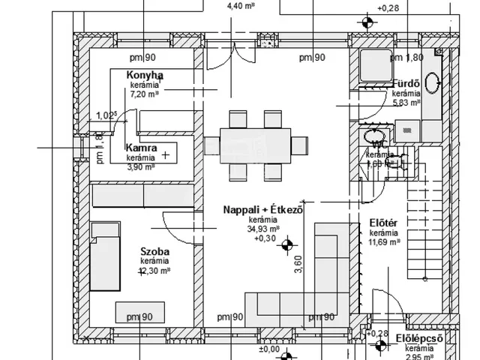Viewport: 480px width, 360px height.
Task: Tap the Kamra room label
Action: click(x=141, y=148)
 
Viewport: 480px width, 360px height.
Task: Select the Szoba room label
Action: click(x=155, y=251)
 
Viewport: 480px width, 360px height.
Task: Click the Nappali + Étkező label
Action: click(x=262, y=210)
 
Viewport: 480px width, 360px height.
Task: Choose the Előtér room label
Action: click(x=384, y=223)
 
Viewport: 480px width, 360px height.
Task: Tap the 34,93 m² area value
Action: click(x=264, y=229)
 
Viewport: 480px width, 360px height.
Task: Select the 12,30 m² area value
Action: click(x=155, y=271)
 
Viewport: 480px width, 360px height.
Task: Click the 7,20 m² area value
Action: click(x=145, y=94)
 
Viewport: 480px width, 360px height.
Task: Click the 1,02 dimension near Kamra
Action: click(x=107, y=115)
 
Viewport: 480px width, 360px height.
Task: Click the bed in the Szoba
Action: click(x=105, y=256)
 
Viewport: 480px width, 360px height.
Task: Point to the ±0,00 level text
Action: click(x=268, y=349)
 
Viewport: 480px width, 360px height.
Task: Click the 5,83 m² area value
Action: click(x=406, y=103)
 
